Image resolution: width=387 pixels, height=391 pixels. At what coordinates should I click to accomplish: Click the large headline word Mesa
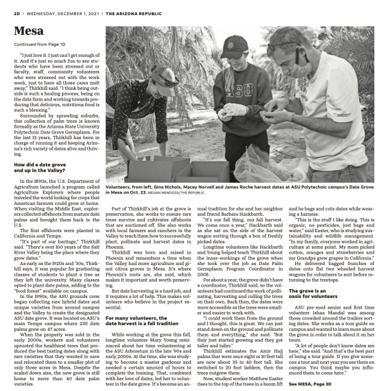click(x=29, y=31)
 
